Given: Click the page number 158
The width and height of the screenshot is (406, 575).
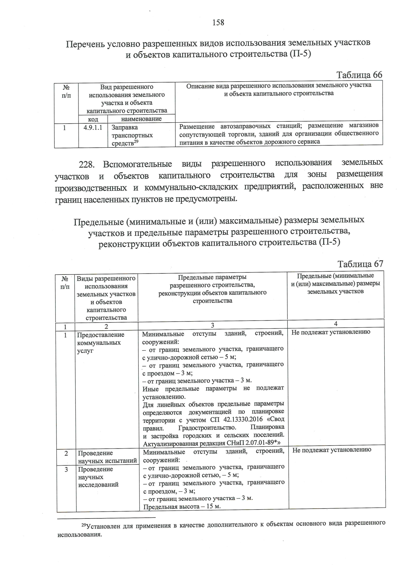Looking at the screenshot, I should (x=218, y=23).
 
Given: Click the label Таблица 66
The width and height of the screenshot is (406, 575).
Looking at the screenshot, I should (x=359, y=75).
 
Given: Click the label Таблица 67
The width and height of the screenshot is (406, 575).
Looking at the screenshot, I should (x=360, y=264).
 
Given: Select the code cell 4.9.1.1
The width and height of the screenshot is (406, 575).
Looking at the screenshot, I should (x=93, y=127).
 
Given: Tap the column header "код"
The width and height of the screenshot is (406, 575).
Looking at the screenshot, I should (x=93, y=119).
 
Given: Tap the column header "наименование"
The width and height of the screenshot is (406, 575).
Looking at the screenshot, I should (x=141, y=119).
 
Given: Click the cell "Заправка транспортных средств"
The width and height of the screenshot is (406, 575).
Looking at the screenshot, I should (x=132, y=135).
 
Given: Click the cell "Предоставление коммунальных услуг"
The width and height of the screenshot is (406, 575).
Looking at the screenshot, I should (x=100, y=343).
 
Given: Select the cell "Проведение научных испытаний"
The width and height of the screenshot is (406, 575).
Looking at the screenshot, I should (x=107, y=457).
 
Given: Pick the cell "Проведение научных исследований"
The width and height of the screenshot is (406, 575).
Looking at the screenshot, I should (x=98, y=477).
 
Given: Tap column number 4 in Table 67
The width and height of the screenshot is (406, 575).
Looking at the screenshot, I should (x=336, y=324).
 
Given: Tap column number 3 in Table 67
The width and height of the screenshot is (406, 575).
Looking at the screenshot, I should (x=212, y=326).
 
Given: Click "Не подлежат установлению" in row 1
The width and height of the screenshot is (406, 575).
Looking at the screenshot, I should (x=331, y=332).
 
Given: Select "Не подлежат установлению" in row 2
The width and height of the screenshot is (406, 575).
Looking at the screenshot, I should (x=332, y=450).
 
